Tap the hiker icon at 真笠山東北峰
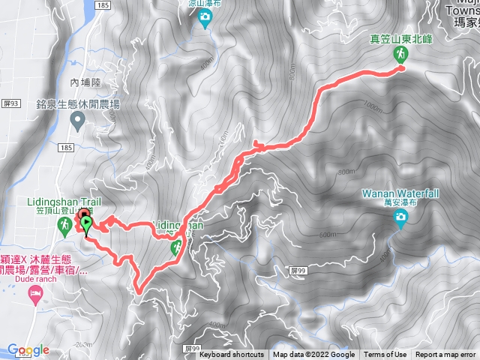coord(400,55)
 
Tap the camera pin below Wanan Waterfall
coord(400,217)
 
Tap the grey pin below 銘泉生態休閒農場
coord(76,120)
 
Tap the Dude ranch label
coord(29,279)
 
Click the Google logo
coord(28,349)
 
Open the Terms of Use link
coord(385,355)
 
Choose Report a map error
coord(445,355)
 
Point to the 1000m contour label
coord(373,106)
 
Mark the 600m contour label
coord(327,235)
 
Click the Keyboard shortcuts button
coord(232,355)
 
